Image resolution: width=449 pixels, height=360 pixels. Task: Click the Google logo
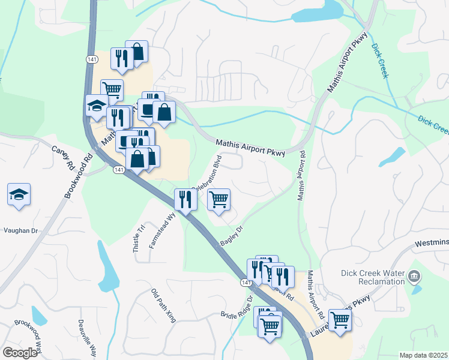[x=20, y=353]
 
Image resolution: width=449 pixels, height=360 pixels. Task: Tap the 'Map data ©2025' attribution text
[x=423, y=355]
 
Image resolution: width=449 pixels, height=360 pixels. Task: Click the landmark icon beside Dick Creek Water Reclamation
[x=414, y=277]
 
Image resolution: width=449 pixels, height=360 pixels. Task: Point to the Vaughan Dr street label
[x=20, y=230]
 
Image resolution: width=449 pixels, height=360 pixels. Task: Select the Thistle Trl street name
[x=139, y=238]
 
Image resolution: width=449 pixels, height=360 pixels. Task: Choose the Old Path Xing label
[x=163, y=305]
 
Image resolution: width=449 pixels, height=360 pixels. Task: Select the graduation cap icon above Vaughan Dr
[x=19, y=194]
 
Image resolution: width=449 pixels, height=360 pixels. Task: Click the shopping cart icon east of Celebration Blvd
[x=219, y=199]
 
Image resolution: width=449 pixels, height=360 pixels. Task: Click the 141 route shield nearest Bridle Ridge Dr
[x=246, y=281]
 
